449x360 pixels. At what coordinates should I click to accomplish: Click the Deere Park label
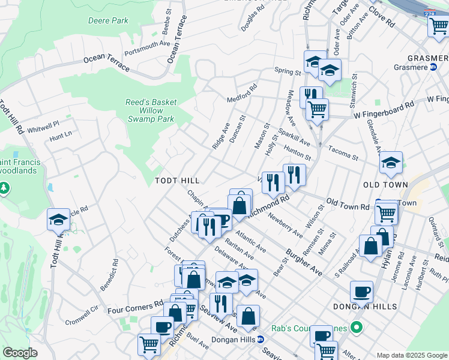(108, 20)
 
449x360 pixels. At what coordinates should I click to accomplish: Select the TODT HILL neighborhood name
(176, 180)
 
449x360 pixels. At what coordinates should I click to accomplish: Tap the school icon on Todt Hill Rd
(58, 220)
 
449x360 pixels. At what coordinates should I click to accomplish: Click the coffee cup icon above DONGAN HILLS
(361, 292)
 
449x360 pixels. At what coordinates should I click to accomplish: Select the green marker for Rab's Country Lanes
(356, 328)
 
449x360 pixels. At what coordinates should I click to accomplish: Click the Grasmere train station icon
(432, 67)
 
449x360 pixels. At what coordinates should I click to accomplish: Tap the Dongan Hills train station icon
(260, 339)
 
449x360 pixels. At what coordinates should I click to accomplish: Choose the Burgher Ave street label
(304, 262)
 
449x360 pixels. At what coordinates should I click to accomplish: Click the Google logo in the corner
(20, 353)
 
